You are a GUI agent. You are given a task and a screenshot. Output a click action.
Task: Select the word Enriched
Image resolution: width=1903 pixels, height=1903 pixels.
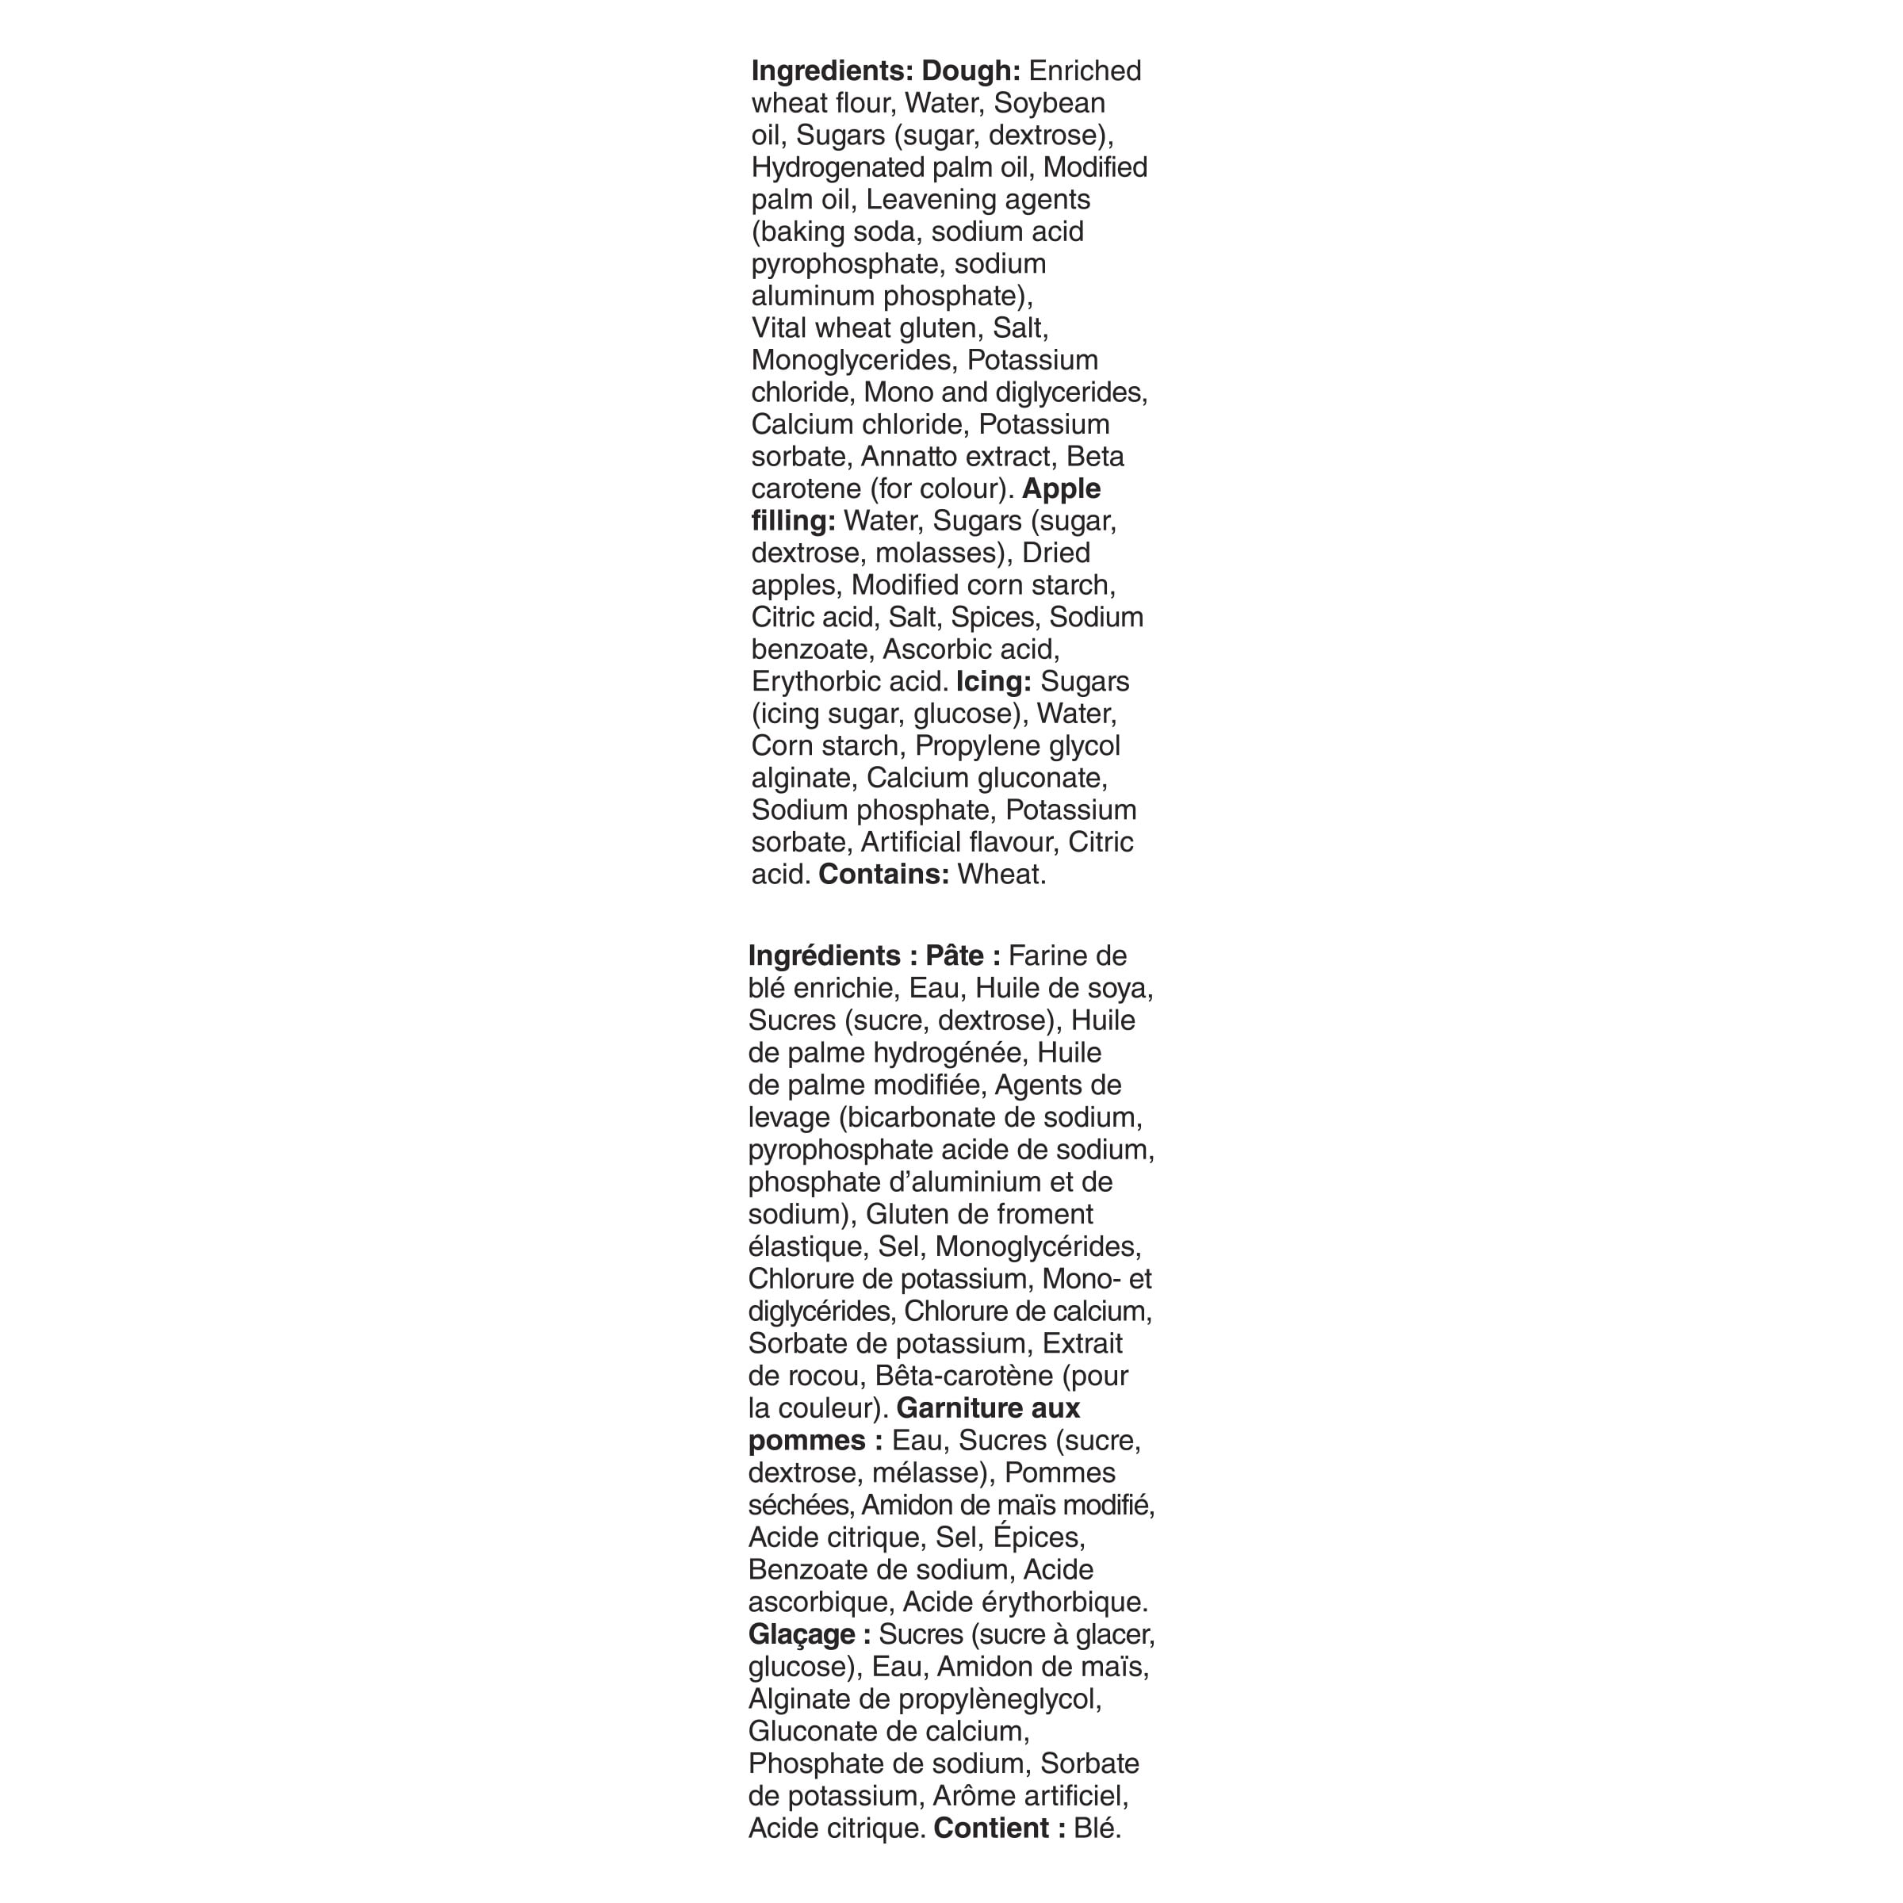tap(1085, 71)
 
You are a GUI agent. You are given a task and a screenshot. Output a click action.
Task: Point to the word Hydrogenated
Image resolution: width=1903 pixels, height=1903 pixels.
tap(837, 168)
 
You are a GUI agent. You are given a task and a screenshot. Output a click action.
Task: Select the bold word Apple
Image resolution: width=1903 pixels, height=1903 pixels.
tap(1061, 488)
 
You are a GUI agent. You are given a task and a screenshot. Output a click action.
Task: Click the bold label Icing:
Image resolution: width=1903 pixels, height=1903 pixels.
tap(993, 682)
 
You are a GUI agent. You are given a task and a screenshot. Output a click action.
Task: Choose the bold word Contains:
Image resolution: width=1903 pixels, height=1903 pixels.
tap(883, 875)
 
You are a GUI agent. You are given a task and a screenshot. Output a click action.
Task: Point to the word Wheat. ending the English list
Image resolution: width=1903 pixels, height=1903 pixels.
tap(1001, 875)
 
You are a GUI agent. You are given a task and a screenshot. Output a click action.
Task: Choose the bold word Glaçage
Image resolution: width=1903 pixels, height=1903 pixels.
tap(800, 1634)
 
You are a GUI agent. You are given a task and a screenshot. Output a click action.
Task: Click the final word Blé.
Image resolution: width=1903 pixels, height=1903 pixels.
tap(1097, 1828)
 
